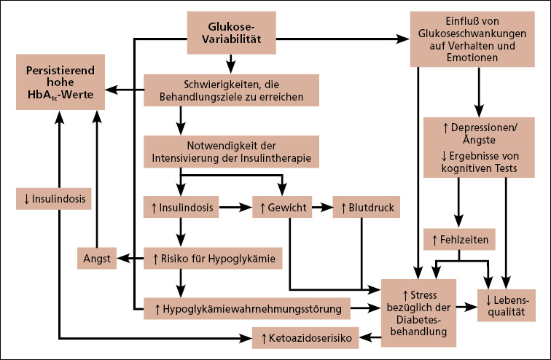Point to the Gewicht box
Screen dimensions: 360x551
coord(284,208)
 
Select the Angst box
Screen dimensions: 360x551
coord(97,257)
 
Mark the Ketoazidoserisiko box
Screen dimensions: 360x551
coord(306,337)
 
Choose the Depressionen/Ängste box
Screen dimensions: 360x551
coord(480,147)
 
